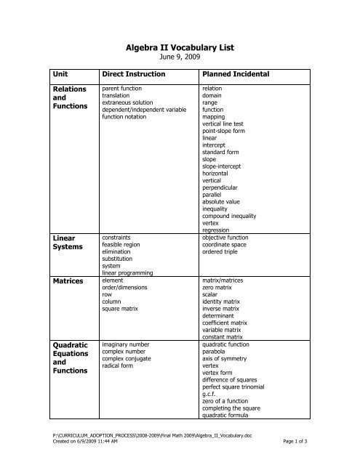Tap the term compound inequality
coord(229,215)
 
